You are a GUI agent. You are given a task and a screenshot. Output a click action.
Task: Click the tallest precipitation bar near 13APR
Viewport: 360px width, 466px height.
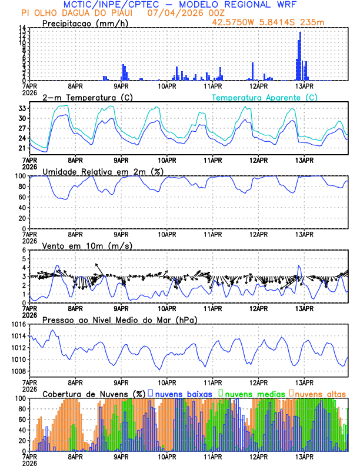[300, 56]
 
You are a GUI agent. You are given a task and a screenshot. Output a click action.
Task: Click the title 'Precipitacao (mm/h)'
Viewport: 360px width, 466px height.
[85, 24]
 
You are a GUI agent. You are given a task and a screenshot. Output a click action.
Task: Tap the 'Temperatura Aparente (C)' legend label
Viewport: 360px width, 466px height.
[264, 97]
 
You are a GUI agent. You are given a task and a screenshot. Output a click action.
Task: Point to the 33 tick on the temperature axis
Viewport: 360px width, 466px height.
[22, 108]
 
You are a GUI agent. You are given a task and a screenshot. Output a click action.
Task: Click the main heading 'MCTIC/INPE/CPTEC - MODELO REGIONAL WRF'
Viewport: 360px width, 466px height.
[179, 4]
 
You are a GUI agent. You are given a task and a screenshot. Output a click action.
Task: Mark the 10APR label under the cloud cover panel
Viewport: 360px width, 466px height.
[168, 457]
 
